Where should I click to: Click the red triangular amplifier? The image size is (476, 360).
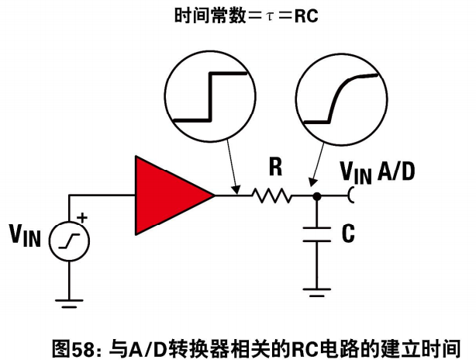170,196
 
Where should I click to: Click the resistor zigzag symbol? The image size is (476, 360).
271,196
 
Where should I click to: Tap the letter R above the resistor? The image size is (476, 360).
276,168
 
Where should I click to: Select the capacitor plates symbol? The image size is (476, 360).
316,234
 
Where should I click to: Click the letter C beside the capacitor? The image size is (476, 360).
348,234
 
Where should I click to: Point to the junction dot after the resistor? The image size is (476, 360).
316,196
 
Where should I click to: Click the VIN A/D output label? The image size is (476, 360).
378,172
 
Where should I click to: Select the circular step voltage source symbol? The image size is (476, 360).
69,241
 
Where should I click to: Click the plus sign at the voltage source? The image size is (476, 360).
82,218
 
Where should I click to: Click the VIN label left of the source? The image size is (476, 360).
25,235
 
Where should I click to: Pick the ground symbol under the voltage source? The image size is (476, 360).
69,304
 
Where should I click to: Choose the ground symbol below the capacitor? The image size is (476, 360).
316,292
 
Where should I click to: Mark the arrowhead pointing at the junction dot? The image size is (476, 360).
312,182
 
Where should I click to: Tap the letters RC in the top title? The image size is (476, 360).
306,16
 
